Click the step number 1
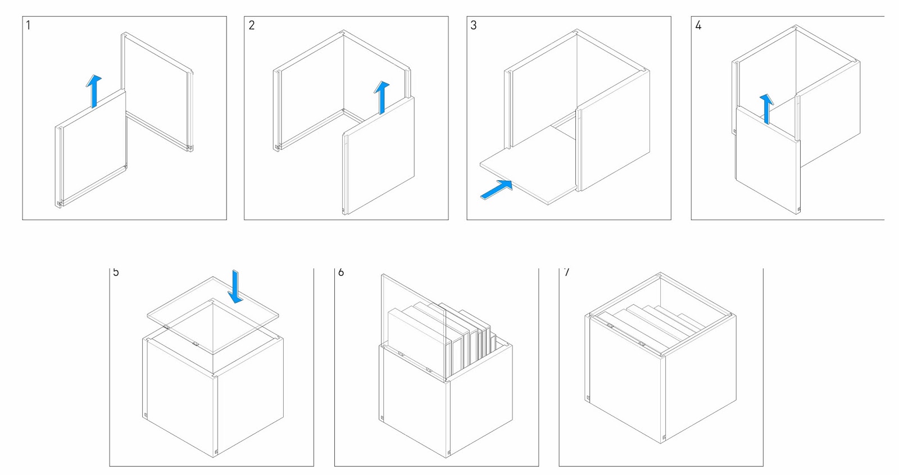tap(28, 25)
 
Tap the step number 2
tap(251, 25)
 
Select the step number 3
tap(474, 25)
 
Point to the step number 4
tap(698, 25)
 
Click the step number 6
tap(340, 272)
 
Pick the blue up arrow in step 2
tap(382, 97)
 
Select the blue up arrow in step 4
tap(766, 108)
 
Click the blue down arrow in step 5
tap(236, 286)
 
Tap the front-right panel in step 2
tap(379, 157)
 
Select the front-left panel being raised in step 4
tap(767, 163)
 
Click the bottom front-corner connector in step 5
tap(216, 451)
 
